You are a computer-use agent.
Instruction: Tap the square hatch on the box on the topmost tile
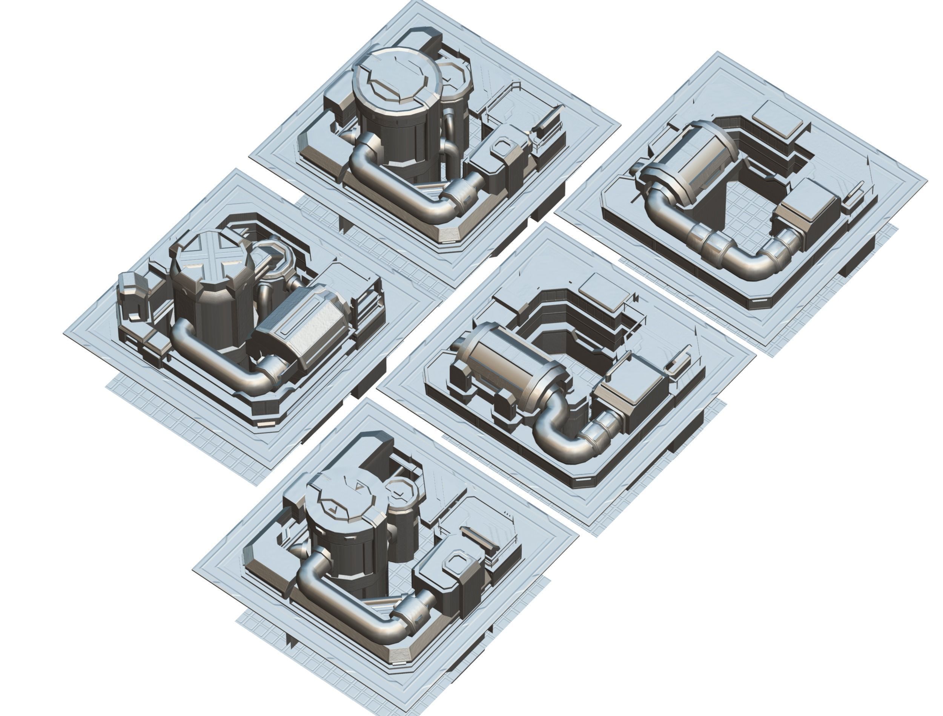(503, 147)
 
